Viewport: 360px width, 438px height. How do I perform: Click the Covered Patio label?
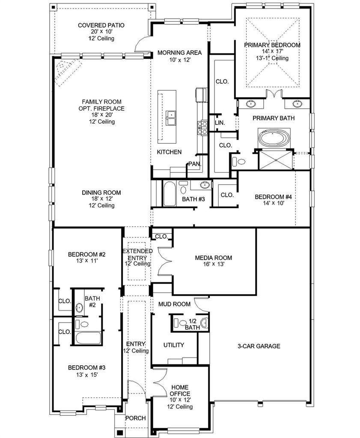point(101,25)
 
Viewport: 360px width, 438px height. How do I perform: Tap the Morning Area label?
point(179,53)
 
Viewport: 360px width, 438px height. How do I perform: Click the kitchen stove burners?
point(202,127)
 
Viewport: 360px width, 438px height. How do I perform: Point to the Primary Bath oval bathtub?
point(274,138)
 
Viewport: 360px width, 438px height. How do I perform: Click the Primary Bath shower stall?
point(276,160)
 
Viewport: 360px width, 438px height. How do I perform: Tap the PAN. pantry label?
point(194,164)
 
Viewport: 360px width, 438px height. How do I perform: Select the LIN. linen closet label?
point(220,123)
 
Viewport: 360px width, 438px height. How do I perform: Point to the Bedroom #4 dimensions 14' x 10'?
point(274,203)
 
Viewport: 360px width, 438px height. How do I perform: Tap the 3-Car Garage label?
point(259,346)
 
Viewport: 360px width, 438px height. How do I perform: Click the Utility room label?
point(173,345)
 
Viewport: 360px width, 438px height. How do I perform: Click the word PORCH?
point(136,418)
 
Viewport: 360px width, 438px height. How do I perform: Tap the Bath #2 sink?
point(79,308)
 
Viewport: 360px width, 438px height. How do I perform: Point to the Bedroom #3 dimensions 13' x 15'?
point(86,375)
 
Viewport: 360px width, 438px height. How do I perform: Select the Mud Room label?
point(174,304)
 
